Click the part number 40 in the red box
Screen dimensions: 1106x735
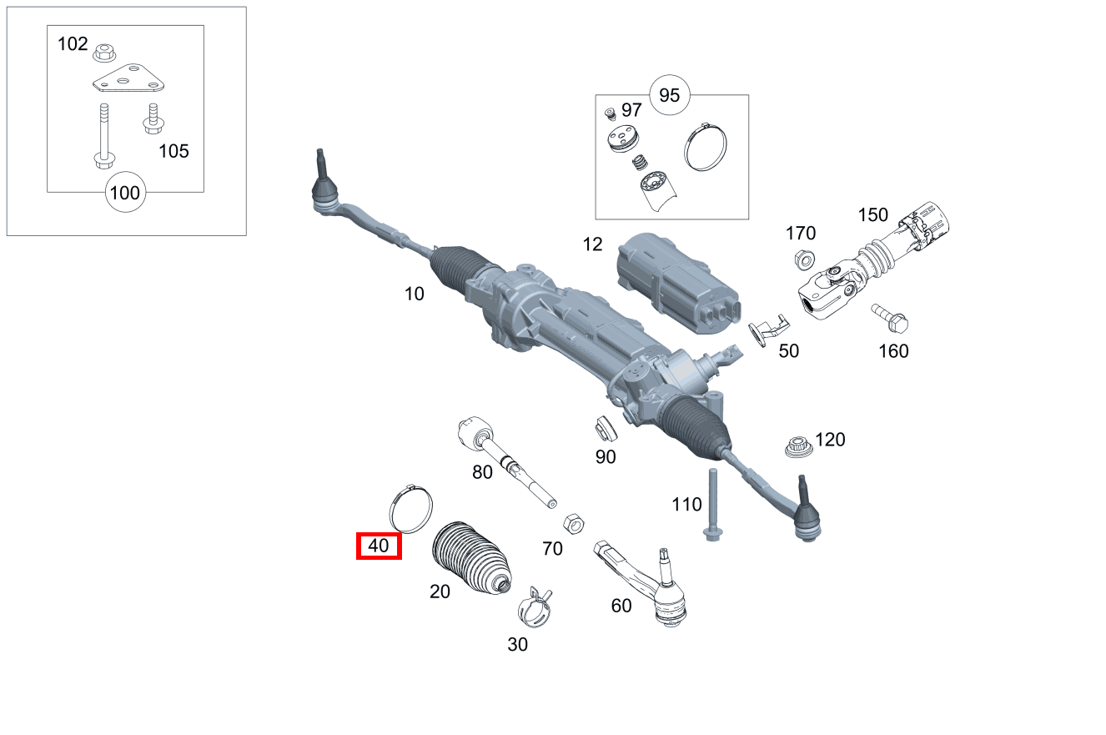pyautogui.click(x=379, y=546)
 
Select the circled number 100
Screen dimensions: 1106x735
pyautogui.click(x=125, y=193)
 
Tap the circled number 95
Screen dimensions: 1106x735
pyautogui.click(x=670, y=94)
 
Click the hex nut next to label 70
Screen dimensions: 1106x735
pyautogui.click(x=573, y=524)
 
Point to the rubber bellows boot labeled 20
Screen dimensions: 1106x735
pyautogui.click(x=471, y=557)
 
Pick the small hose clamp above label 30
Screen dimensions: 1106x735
pyautogui.click(x=535, y=608)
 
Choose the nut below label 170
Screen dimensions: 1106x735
pyautogui.click(x=802, y=259)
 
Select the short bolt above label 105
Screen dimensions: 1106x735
pyautogui.click(x=153, y=118)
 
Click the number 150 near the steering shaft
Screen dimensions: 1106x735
pyautogui.click(x=873, y=215)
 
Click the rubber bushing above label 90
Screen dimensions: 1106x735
pyautogui.click(x=605, y=429)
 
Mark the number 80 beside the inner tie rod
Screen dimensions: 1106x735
pyautogui.click(x=482, y=472)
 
